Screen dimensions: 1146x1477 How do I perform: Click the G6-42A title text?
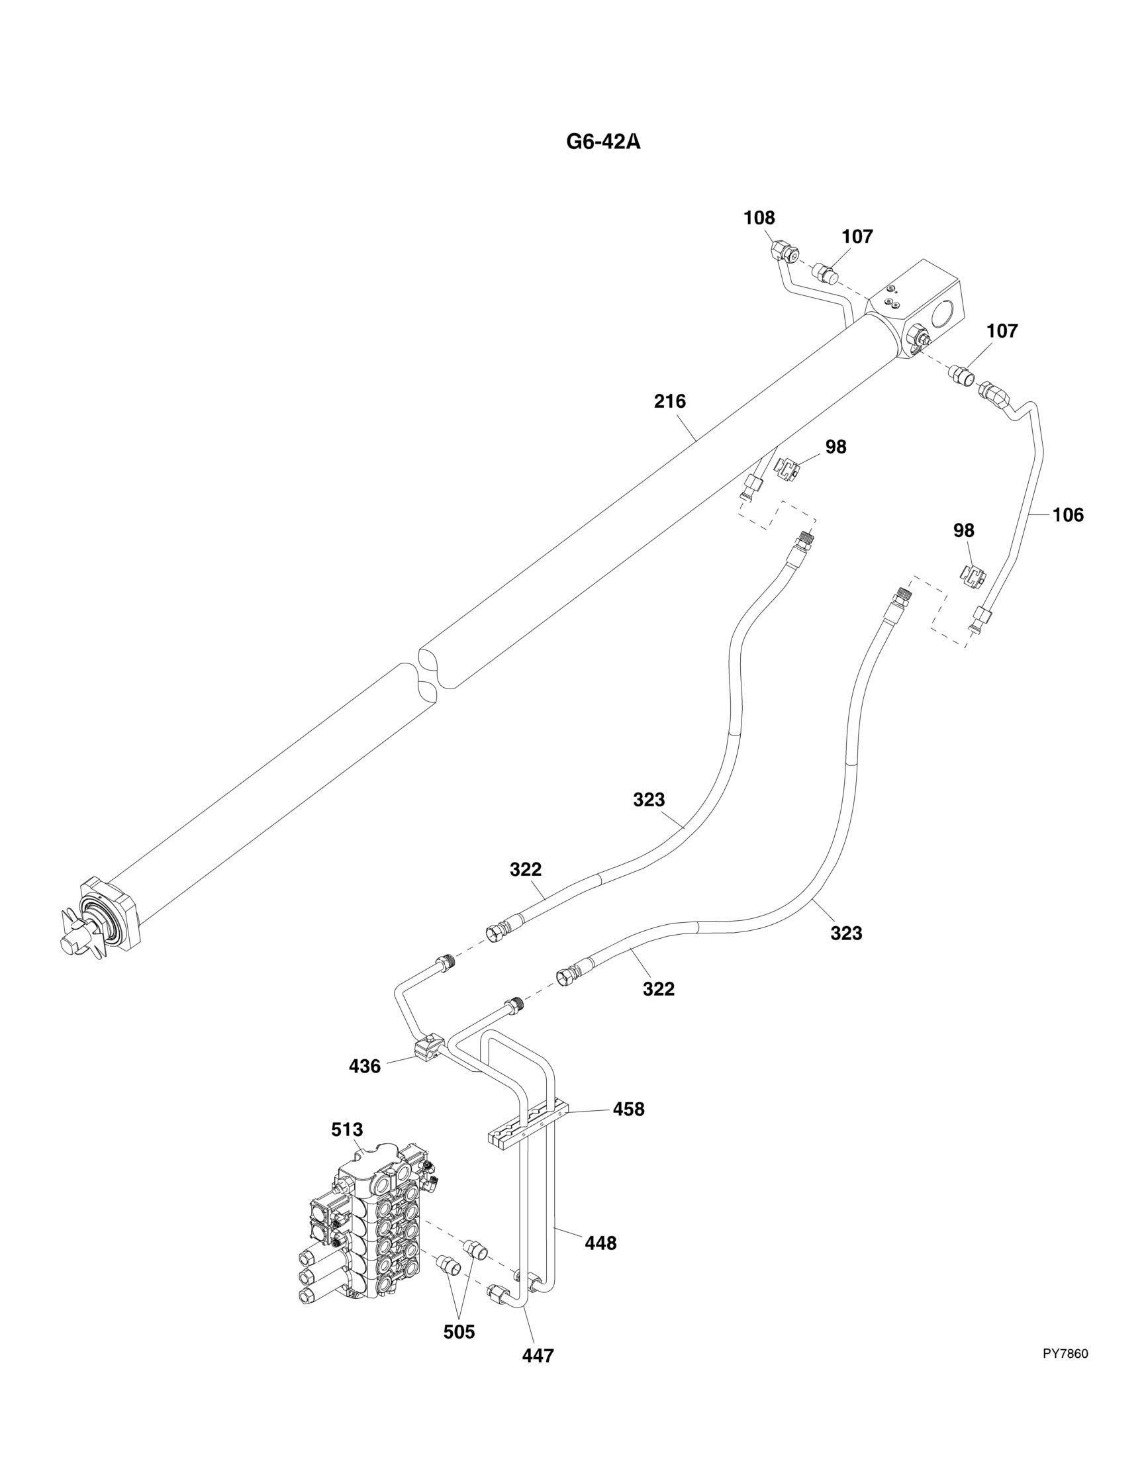(x=603, y=143)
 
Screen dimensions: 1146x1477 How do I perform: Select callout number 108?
(x=759, y=218)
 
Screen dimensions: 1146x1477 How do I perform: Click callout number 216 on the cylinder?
(x=669, y=402)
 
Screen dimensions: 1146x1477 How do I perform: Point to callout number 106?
(x=1068, y=514)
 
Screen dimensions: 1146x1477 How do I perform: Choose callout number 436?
(x=365, y=1067)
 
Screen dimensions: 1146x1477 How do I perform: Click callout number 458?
(x=628, y=1109)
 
